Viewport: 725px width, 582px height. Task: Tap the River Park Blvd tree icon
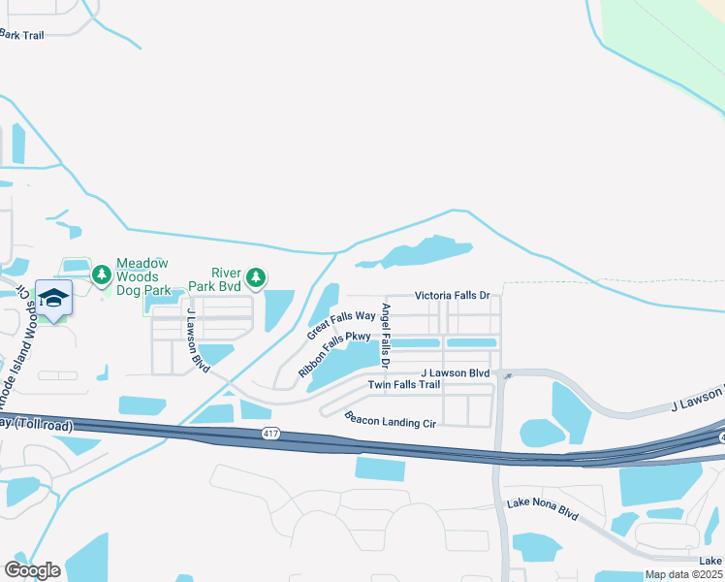256,279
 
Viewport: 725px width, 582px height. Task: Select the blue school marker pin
54,300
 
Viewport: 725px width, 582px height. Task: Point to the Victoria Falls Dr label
453,295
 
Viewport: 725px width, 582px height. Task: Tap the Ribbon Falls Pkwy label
334,354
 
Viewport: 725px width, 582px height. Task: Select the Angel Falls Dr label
386,336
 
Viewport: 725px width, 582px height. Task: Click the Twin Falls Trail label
404,385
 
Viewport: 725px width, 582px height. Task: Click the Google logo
32,570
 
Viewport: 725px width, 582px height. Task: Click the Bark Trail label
22,34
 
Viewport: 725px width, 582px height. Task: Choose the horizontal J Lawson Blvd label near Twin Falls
455,372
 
